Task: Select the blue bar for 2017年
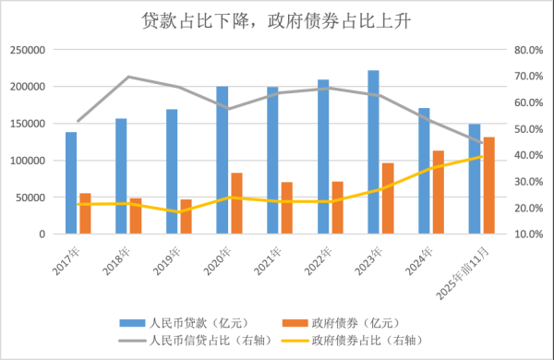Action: (x=71, y=183)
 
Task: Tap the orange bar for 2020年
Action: (x=235, y=203)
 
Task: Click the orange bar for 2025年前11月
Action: (x=488, y=185)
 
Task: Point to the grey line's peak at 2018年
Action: (x=128, y=77)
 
